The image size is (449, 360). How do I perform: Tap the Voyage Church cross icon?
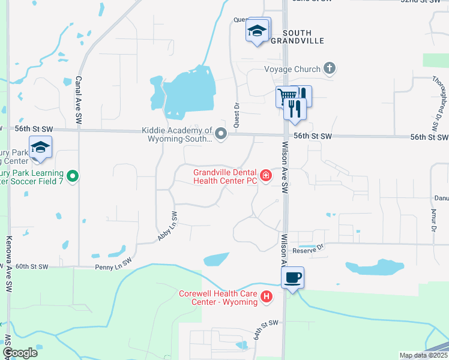point(329,68)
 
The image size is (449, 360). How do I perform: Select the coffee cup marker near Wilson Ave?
point(292,278)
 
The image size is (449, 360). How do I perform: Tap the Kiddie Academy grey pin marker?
point(221,134)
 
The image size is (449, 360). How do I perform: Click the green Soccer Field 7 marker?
point(73,176)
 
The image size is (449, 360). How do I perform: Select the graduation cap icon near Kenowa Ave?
point(40,148)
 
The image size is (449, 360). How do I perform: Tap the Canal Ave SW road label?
point(79,100)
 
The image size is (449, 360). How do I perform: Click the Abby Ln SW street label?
point(167,227)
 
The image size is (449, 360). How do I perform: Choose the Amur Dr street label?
point(433,220)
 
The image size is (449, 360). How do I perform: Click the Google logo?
point(20,353)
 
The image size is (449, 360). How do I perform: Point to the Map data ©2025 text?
point(423,355)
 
